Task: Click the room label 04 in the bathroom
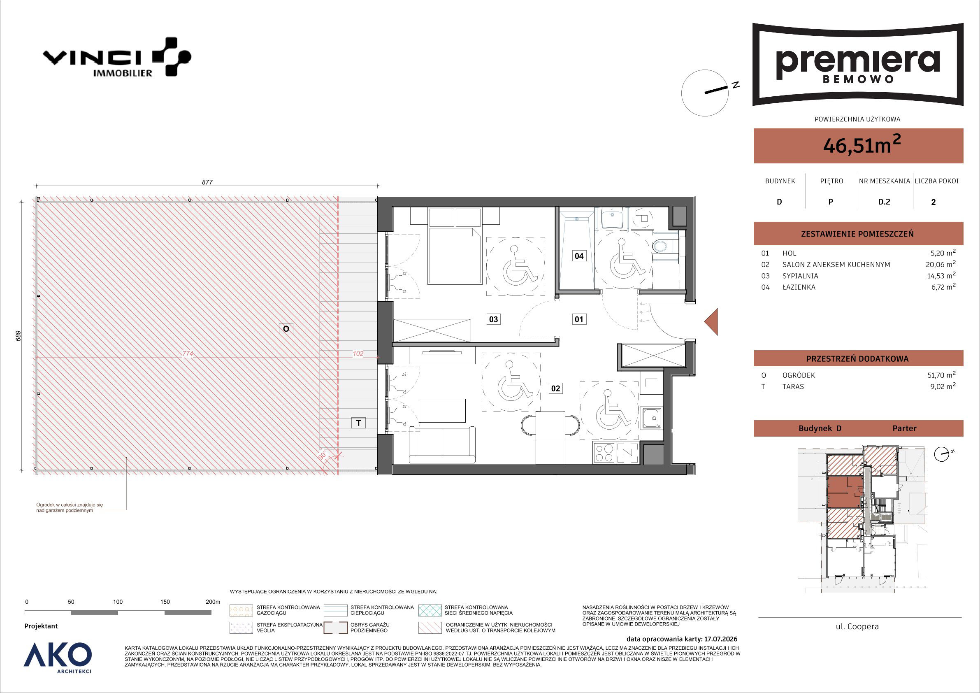click(x=579, y=256)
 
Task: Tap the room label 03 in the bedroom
click(x=493, y=319)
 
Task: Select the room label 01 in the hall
click(x=579, y=319)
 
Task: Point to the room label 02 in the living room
click(x=555, y=388)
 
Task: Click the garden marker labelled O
click(x=286, y=328)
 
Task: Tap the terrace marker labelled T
click(x=358, y=423)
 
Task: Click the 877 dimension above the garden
click(x=207, y=182)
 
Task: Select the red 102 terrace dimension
click(x=358, y=353)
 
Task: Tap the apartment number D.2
click(x=884, y=202)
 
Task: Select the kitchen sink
click(x=652, y=418)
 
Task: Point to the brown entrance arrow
click(x=711, y=321)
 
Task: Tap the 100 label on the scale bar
click(x=118, y=602)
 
